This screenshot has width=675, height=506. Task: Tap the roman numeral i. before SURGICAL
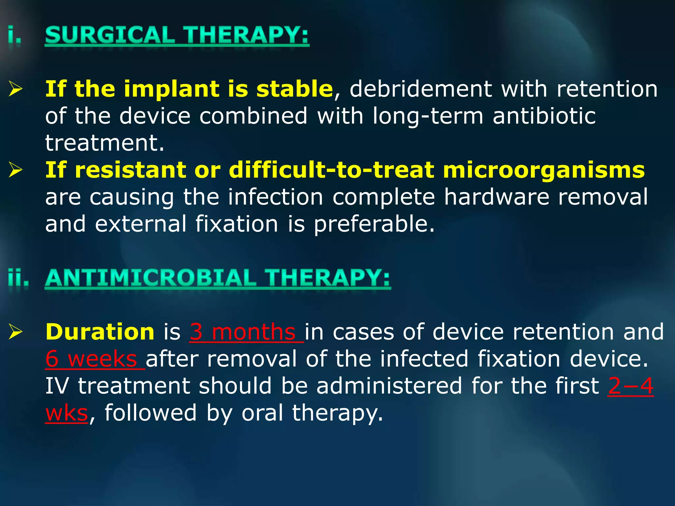point(15,36)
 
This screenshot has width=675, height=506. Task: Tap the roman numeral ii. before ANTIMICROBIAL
point(18,278)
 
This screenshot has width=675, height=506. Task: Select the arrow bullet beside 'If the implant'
point(15,89)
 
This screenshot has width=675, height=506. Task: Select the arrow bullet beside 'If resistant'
point(15,170)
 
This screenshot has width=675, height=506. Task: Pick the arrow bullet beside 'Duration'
point(15,332)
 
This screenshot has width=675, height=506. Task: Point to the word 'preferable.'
point(374,224)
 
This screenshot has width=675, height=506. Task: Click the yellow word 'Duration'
point(100,332)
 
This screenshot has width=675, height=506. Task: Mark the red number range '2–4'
point(631,386)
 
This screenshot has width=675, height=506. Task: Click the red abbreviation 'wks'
point(67,413)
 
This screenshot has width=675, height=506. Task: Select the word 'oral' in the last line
point(262,413)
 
